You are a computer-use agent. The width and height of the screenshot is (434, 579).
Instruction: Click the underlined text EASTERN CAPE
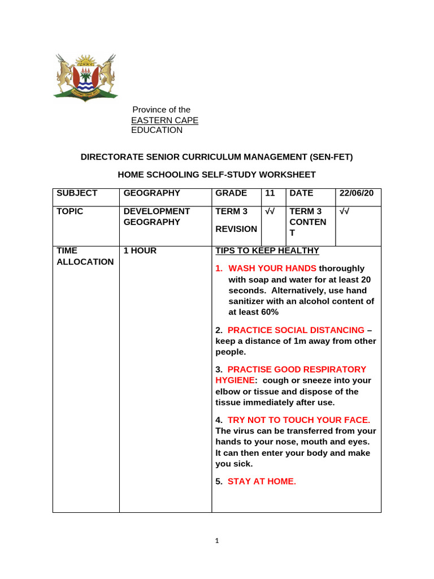164,120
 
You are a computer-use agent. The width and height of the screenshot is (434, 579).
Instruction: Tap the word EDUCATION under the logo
157,130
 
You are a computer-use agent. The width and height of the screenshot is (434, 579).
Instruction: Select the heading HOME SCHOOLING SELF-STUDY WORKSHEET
216,175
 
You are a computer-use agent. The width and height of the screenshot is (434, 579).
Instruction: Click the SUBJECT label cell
77,193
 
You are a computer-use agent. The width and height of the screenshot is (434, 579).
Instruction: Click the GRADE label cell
231,193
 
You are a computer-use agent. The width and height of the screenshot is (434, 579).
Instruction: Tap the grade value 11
270,193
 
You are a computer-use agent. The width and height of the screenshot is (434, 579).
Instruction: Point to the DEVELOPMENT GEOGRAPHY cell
157,217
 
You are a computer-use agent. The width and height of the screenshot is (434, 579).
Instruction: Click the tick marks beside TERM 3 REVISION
270,211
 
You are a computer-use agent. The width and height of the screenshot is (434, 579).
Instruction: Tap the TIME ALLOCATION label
85,256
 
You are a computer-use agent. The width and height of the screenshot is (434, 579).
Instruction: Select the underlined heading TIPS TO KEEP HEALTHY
267,250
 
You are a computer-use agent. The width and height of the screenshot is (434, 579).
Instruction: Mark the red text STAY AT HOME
262,481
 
